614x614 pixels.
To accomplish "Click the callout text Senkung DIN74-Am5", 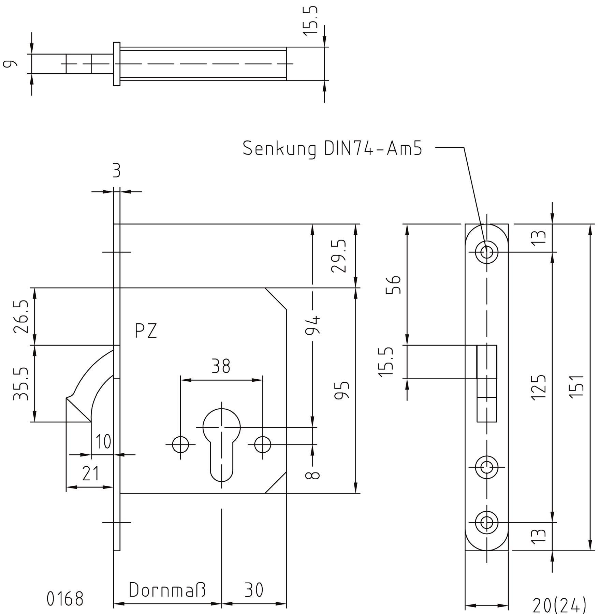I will point(332,149).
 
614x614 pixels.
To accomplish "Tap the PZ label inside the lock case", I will point(146,331).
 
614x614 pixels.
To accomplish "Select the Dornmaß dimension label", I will point(167,590).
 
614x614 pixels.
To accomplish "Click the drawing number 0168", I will point(65,599).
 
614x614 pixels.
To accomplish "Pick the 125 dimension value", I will point(539,387).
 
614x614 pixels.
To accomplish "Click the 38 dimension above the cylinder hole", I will point(221,366).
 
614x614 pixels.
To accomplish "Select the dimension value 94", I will point(312,325).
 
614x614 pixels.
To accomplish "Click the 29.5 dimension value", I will point(339,256).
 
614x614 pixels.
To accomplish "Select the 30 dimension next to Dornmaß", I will point(254,590).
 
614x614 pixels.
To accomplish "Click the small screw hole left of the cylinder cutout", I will point(180,445).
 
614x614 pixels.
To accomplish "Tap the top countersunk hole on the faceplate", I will point(487,252).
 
